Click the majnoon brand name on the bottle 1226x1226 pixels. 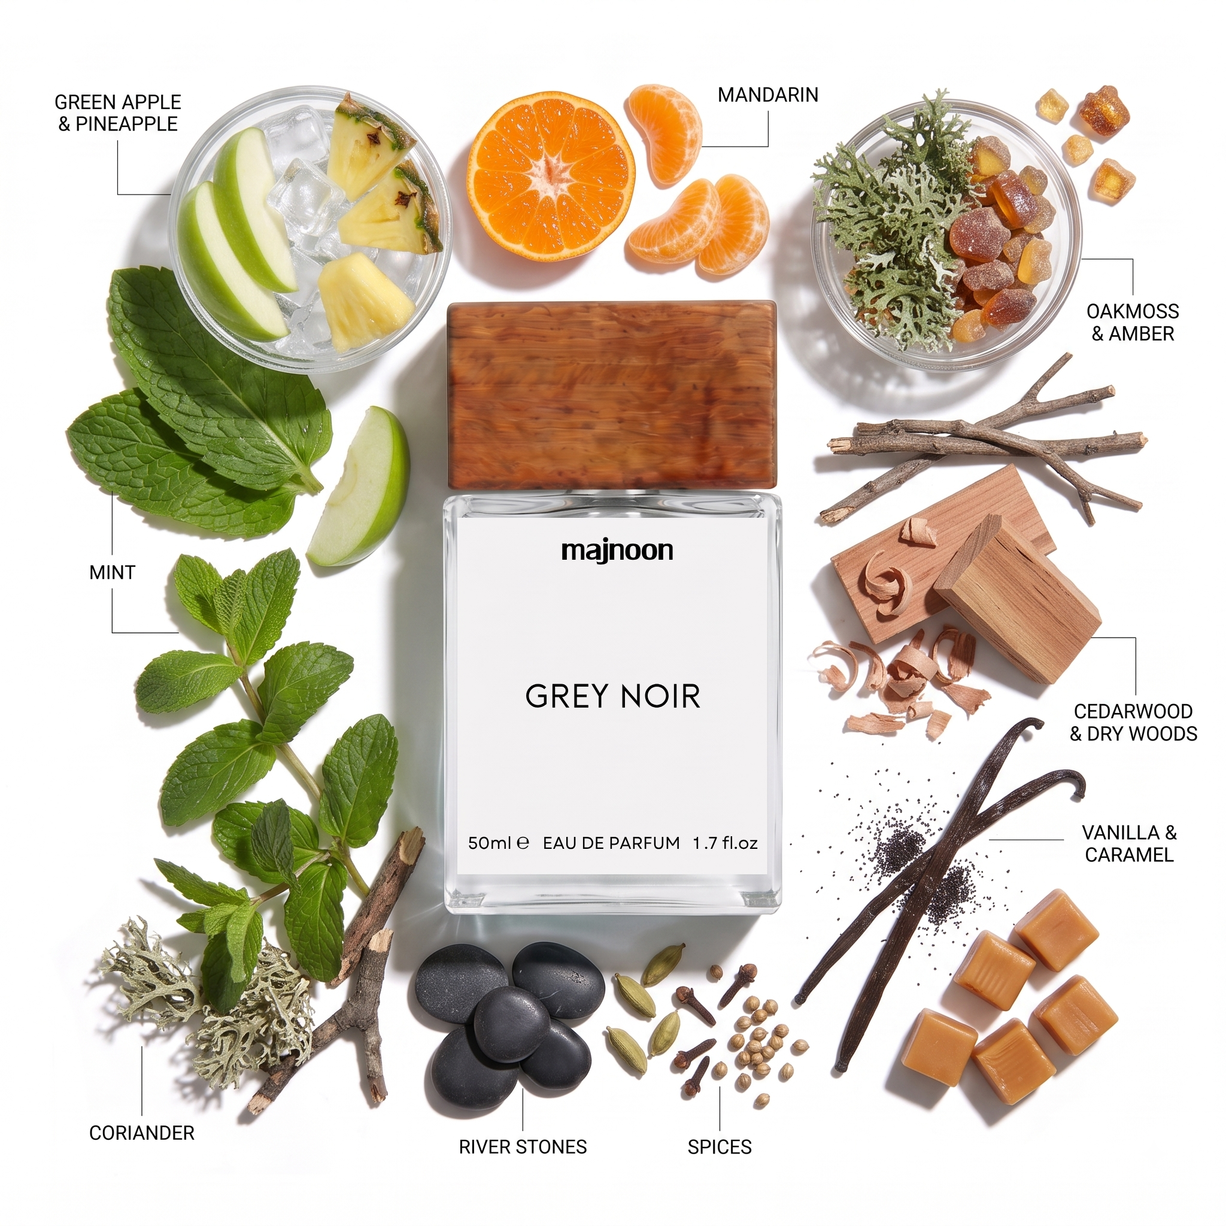[x=617, y=551]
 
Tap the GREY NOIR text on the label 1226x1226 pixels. [x=613, y=696]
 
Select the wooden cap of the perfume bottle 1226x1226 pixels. [x=612, y=395]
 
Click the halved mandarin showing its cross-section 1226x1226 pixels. [x=551, y=175]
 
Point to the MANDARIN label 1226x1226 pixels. [x=768, y=95]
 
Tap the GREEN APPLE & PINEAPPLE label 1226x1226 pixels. [x=118, y=113]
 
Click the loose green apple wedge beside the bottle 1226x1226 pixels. [x=359, y=486]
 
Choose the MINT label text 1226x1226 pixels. [x=113, y=572]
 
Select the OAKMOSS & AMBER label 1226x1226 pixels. [x=1133, y=323]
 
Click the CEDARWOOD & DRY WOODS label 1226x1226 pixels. [x=1133, y=723]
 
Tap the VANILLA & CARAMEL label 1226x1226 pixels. [x=1130, y=843]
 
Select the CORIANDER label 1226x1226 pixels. [x=141, y=1133]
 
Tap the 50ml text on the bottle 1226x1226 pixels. [x=489, y=843]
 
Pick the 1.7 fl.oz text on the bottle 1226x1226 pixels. [x=726, y=843]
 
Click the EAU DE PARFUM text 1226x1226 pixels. [x=611, y=843]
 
